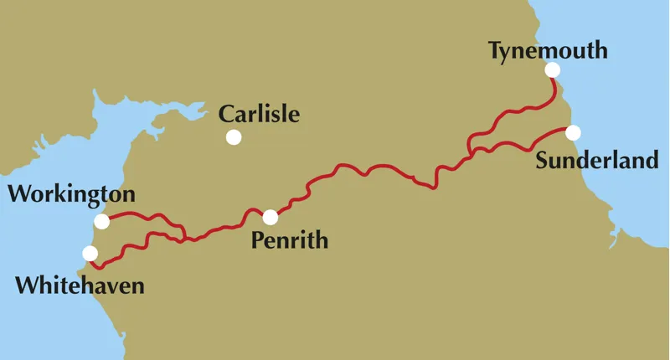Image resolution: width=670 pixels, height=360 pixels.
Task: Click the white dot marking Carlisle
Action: tap(234, 136)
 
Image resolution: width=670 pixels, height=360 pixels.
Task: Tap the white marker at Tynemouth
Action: tap(552, 69)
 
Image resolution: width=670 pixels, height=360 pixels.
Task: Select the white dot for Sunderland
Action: tap(573, 132)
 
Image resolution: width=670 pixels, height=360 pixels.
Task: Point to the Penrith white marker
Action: tap(270, 218)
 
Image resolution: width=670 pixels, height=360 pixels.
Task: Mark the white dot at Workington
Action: tap(102, 221)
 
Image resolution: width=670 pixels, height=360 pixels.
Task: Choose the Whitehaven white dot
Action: tap(90, 253)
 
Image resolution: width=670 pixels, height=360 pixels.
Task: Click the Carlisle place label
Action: tap(258, 114)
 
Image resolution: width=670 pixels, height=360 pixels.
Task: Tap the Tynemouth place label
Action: tap(548, 52)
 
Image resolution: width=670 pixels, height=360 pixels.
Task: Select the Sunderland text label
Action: tap(597, 160)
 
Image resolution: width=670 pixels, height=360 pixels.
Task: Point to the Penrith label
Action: tap(290, 243)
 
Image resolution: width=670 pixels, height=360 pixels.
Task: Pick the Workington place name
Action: tap(71, 196)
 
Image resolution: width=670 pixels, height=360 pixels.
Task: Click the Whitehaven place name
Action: tap(80, 285)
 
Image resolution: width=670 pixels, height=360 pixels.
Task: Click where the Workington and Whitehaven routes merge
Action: tap(184, 239)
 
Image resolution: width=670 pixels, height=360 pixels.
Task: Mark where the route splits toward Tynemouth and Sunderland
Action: tap(471, 154)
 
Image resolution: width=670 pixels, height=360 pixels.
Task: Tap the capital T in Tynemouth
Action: tap(495, 51)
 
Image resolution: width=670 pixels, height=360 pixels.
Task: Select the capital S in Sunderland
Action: tap(543, 160)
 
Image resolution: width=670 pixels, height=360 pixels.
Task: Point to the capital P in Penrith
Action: tap(257, 242)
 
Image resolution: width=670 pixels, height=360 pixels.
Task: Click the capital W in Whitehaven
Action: tap(27, 285)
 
